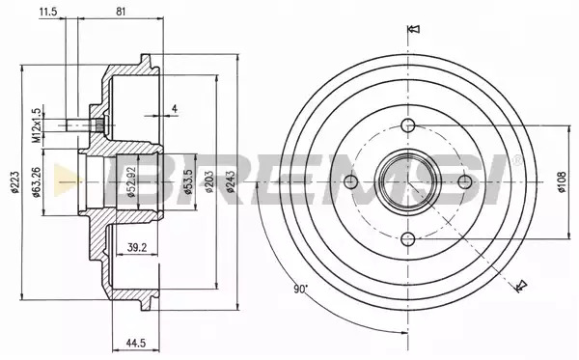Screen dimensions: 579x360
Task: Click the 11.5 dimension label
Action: tap(48, 12)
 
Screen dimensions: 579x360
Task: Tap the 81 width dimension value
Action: tap(121, 12)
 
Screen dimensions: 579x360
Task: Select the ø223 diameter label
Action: tap(15, 182)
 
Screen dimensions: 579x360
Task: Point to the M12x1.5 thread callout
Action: tap(36, 125)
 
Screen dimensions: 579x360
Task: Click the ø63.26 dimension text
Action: tap(36, 182)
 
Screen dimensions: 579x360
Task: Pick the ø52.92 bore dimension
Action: tap(132, 182)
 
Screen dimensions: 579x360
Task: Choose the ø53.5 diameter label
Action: tap(188, 182)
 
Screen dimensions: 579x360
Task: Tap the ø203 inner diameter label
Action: tap(209, 182)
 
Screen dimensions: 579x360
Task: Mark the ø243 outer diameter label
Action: tap(231, 182)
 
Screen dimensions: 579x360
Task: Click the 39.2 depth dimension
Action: tap(137, 247)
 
